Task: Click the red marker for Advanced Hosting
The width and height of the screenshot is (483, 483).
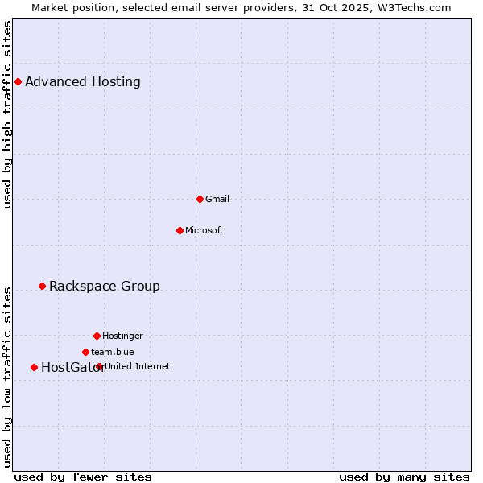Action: tap(18, 81)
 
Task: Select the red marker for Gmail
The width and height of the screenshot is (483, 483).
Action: tap(200, 199)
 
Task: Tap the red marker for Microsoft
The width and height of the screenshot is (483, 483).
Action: tap(180, 230)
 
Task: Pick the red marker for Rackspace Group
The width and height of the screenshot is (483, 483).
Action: tap(42, 286)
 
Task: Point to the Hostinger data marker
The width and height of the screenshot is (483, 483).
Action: tap(97, 336)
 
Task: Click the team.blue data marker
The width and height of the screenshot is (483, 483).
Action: tap(85, 352)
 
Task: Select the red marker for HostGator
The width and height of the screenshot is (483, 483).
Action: tap(34, 367)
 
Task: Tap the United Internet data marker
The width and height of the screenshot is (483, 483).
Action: tap(99, 366)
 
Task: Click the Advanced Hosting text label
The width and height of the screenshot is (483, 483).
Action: tap(83, 81)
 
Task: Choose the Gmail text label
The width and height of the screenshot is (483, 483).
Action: tap(217, 199)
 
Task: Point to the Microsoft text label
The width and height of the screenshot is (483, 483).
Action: tap(204, 230)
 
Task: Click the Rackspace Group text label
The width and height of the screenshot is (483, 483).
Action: tap(105, 286)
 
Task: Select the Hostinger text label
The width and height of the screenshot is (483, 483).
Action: tap(122, 336)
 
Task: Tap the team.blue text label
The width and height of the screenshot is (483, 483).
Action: tap(113, 352)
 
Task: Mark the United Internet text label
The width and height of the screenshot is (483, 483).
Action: tap(138, 366)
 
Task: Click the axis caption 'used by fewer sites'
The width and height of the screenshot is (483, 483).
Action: tap(83, 477)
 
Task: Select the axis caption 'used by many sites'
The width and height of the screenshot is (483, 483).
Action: tap(404, 477)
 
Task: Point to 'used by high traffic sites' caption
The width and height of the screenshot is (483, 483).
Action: tap(8, 114)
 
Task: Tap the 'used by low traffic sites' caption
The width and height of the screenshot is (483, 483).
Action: tap(8, 376)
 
